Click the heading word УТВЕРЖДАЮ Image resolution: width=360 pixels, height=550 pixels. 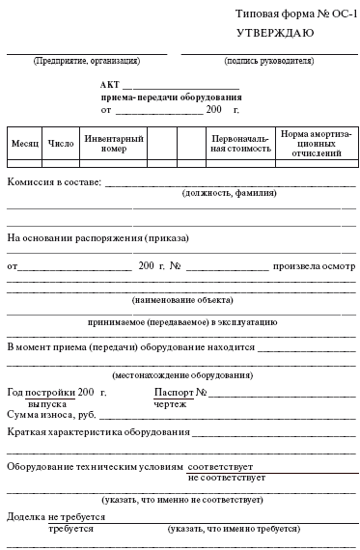click(x=273, y=33)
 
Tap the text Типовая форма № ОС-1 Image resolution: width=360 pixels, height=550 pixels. click(x=295, y=12)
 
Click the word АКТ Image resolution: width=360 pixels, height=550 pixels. click(x=110, y=85)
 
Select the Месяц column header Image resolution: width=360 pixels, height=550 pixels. click(x=25, y=142)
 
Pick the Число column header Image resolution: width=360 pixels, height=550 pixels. click(x=60, y=142)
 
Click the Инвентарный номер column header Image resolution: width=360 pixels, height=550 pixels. click(x=113, y=143)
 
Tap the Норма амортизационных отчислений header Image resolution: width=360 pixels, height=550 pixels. click(x=316, y=142)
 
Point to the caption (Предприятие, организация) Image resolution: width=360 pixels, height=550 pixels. click(x=86, y=60)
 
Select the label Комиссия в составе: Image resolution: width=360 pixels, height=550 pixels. click(x=54, y=181)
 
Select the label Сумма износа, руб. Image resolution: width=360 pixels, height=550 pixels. click(x=51, y=414)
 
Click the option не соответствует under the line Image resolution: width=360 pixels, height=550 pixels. click(x=227, y=477)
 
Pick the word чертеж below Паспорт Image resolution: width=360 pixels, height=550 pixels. click(x=170, y=403)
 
